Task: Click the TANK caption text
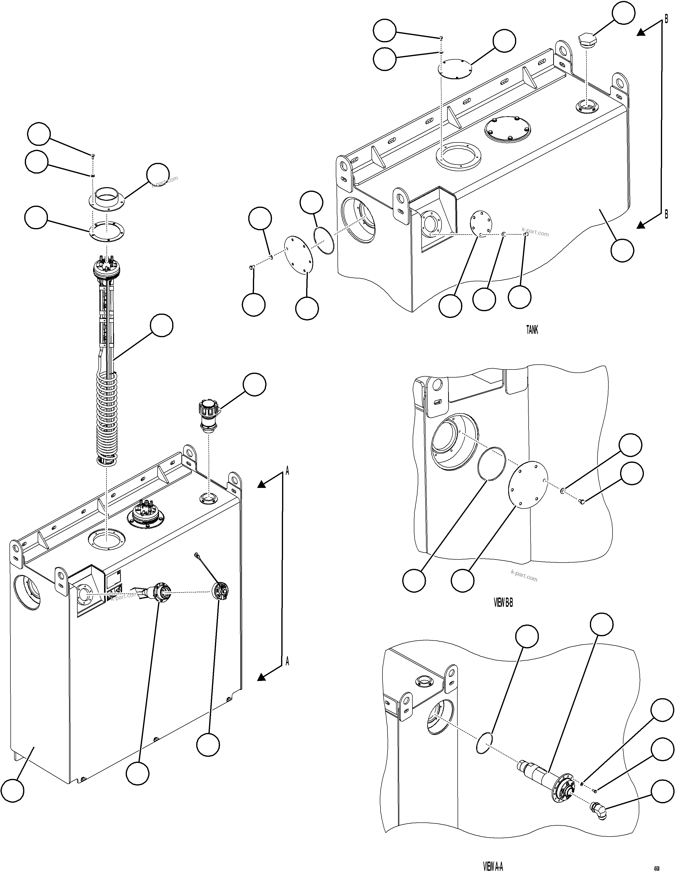532,330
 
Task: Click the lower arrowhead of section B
641,225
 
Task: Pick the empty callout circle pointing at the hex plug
624,13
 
